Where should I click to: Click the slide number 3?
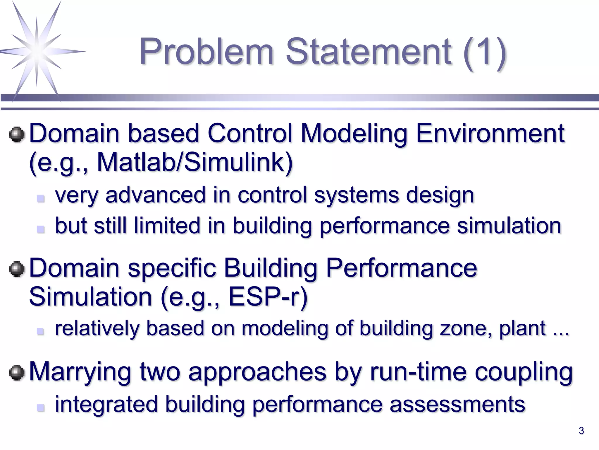pos(581,431)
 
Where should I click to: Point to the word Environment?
pos(490,134)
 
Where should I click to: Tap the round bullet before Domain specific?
pos(17,269)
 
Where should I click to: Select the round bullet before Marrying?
pos(17,373)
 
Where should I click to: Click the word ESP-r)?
pos(268,297)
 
